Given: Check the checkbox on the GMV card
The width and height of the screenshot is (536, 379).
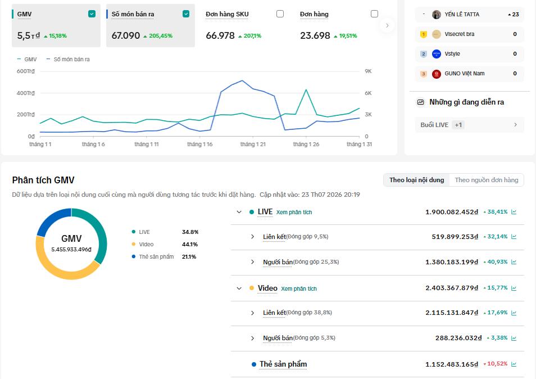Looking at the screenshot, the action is [92, 13].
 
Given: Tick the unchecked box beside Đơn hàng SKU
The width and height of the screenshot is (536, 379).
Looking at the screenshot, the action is [280, 13].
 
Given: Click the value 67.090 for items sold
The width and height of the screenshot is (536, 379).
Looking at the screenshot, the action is [126, 35].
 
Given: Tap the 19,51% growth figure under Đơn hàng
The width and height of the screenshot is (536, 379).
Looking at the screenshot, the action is [348, 36].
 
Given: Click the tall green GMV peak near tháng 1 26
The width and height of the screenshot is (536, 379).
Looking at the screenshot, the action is [306, 89].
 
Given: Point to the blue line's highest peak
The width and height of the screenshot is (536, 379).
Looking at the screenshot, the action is [242, 81].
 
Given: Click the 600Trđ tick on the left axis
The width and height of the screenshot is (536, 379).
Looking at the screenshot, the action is [26, 71].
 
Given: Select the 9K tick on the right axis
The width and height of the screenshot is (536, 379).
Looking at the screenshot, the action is [368, 71].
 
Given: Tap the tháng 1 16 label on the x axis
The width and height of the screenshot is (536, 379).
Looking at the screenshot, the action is [199, 145].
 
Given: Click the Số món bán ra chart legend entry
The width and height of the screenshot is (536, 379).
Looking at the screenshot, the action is [68, 59].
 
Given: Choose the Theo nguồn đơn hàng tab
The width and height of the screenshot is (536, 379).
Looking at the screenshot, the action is [487, 180].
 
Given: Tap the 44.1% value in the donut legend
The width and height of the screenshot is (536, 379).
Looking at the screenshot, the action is [190, 244].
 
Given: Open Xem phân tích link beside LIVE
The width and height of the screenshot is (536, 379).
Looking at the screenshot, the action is [294, 213].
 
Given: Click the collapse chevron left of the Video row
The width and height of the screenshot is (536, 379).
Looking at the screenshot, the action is [239, 288].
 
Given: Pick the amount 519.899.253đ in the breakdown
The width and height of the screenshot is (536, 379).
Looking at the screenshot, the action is [455, 237].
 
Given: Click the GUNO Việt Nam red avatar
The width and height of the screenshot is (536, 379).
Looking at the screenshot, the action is [436, 74].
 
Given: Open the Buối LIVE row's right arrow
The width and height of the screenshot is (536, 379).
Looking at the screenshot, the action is [515, 125].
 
